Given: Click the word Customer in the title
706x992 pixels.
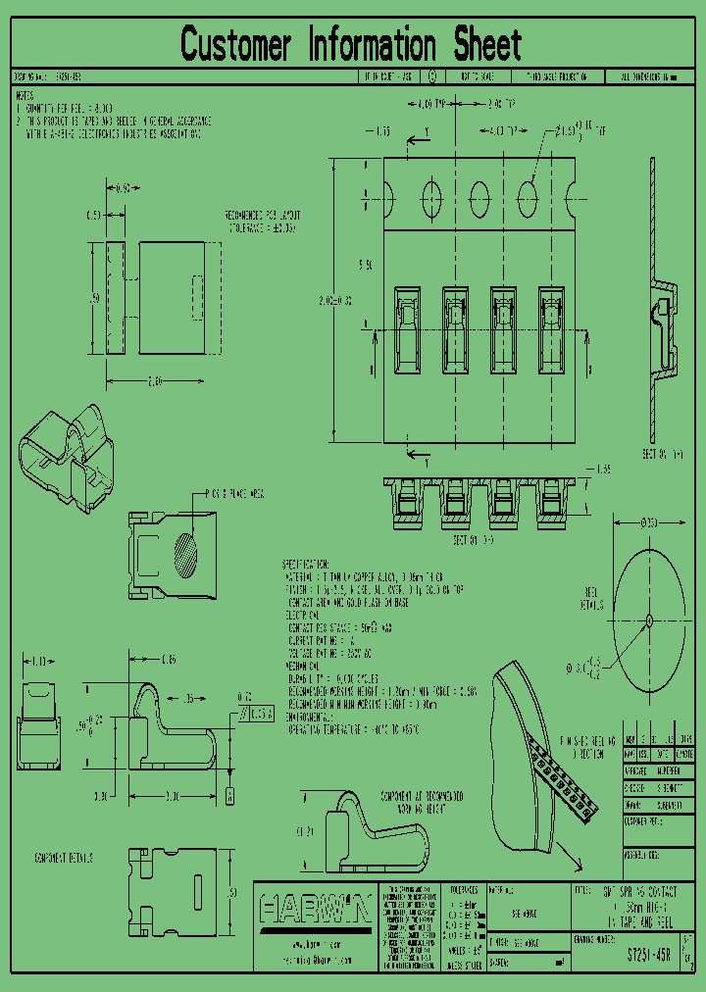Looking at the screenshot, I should pos(236,45).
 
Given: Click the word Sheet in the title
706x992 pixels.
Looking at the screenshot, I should pos(487,45).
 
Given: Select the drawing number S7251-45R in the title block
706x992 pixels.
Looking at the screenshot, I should pos(648,953).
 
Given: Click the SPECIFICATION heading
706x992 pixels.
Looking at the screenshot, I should pos(306,566).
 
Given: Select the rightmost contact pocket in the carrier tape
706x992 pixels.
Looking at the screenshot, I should pos(552,329).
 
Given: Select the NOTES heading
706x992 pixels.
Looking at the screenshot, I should pos(25,96).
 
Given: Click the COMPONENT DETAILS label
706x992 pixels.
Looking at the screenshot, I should pos(64,858).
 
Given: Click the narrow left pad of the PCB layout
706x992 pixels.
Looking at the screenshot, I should pos(115,297).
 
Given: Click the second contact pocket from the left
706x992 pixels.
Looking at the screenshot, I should pos(456,329).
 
